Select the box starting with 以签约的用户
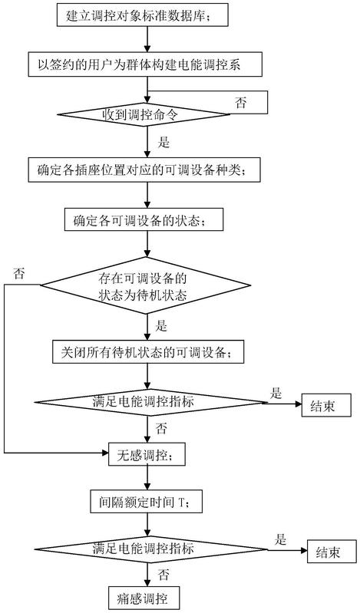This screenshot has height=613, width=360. point(146,64)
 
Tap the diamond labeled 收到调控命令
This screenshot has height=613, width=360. point(144,114)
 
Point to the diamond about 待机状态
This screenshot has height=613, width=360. point(145,285)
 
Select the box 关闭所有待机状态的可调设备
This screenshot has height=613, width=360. point(148,353)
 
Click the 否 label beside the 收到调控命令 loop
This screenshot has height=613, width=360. point(241,103)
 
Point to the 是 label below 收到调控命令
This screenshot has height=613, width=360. point(163,142)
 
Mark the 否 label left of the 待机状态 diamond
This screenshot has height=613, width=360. point(18,273)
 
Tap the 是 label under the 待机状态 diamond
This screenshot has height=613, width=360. point(162,326)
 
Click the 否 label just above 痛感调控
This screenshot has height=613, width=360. point(163,575)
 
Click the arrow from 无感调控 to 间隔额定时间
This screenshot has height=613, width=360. point(147,477)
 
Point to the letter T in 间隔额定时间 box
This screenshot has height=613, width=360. point(181,502)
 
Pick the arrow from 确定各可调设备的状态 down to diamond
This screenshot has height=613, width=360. point(147,243)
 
